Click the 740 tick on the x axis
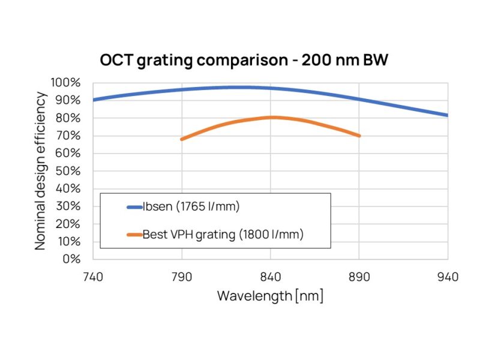[93, 277]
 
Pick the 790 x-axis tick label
[182, 277]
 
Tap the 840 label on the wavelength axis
[271, 277]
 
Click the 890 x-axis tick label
[359, 277]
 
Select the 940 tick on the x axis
[448, 277]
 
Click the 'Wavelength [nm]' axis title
[270, 296]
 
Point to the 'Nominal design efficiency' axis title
[41, 171]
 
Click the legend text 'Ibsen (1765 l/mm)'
[191, 208]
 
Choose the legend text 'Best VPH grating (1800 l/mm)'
[223, 235]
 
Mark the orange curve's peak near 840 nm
[272, 117]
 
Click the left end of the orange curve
[182, 139]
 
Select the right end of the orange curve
[359, 136]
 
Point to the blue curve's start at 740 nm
[94, 100]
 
